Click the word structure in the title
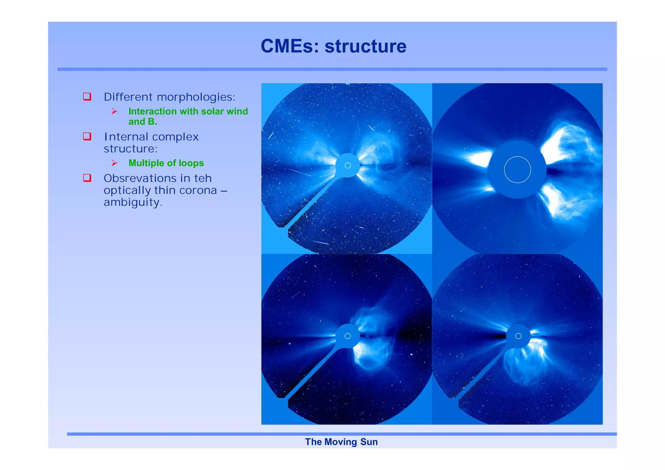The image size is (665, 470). pyautogui.click(x=365, y=46)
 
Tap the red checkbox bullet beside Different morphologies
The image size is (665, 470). pyautogui.click(x=87, y=96)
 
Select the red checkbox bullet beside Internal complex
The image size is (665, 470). pyautogui.click(x=87, y=136)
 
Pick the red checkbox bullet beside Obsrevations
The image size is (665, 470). pyautogui.click(x=87, y=178)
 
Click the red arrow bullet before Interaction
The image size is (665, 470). pyautogui.click(x=114, y=111)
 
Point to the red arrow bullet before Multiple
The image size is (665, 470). pyautogui.click(x=114, y=163)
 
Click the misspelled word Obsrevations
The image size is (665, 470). pyautogui.click(x=140, y=178)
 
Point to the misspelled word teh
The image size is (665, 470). pyautogui.click(x=203, y=178)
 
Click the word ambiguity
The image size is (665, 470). pyautogui.click(x=132, y=202)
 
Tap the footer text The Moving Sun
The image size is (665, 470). pyautogui.click(x=341, y=442)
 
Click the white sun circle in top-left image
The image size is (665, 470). pyautogui.click(x=347, y=166)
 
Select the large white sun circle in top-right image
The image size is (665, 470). pyautogui.click(x=517, y=169)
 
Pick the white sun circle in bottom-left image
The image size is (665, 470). pyautogui.click(x=347, y=336)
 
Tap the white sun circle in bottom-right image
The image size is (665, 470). pyautogui.click(x=518, y=336)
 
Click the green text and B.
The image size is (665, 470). pyautogui.click(x=143, y=122)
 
